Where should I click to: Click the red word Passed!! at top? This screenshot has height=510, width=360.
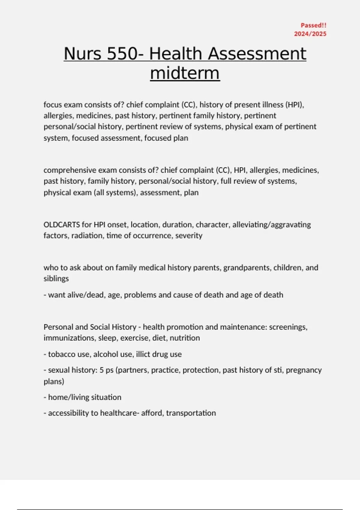313,25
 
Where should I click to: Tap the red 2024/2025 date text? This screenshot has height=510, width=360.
310,34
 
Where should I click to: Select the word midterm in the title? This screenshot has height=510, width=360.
185,73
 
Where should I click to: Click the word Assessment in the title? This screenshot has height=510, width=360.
257,54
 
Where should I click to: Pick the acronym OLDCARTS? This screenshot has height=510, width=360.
61,225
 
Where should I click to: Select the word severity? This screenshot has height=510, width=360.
189,235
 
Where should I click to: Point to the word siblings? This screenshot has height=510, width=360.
56,278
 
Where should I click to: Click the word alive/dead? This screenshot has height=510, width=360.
76,295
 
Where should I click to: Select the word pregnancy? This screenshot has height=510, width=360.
304,370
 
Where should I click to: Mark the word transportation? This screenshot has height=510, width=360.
191,413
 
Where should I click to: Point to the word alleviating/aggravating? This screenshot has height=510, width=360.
271,225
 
